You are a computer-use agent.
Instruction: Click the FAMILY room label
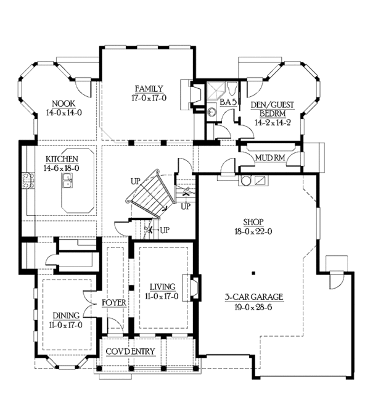[149, 89]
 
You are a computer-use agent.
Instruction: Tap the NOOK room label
[64, 104]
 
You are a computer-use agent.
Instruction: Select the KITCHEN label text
[62, 159]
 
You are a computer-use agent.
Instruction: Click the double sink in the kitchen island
[67, 181]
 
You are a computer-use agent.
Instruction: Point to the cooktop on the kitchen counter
[28, 181]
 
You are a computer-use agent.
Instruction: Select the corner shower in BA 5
[216, 91]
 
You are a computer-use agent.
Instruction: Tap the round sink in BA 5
[212, 112]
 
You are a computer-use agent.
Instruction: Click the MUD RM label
[270, 158]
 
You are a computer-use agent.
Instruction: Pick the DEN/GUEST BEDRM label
[273, 109]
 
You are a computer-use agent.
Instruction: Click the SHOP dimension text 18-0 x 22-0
[253, 231]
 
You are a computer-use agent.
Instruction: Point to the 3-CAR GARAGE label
[254, 297]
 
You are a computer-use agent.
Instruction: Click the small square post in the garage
[253, 273]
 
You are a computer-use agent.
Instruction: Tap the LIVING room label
[162, 287]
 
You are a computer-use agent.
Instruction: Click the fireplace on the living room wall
[194, 288]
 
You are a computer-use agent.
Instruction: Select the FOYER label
[114, 303]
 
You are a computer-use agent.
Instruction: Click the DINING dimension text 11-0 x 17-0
[65, 325]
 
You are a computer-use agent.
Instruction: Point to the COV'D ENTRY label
[130, 352]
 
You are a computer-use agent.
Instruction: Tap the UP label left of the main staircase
[136, 181]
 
